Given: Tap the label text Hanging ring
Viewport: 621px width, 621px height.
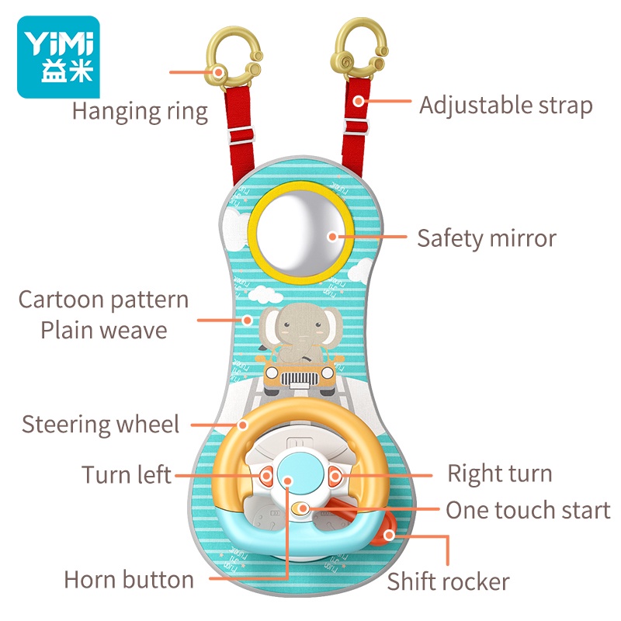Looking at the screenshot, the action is tap(140, 111).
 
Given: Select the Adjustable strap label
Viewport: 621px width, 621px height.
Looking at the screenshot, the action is tap(505, 106).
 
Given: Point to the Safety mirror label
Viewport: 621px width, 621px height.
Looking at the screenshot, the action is tap(487, 238).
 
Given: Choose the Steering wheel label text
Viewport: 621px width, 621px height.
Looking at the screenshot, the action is tap(100, 425).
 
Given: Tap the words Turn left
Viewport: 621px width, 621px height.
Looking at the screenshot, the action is tap(127, 474).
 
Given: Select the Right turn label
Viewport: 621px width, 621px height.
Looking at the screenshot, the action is tap(500, 474).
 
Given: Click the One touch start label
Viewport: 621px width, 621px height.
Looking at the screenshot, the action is tap(528, 511).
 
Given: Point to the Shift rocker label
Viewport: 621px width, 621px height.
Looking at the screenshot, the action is tap(449, 581).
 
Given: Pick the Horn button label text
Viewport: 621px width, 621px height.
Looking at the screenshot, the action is tap(129, 580).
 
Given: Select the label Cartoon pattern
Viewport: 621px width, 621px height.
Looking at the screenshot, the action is tap(104, 300).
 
